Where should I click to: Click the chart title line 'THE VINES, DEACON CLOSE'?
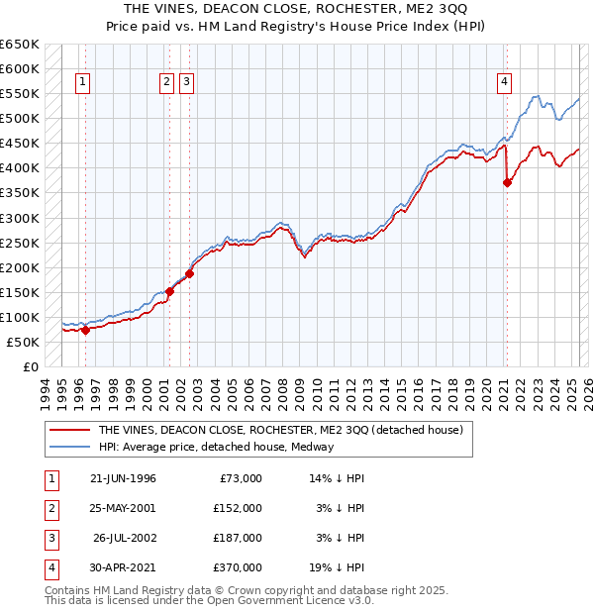pos(296,10)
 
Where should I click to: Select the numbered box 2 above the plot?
pos(166,82)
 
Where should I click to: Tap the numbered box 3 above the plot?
pos(186,82)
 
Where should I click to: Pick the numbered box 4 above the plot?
pos(505,82)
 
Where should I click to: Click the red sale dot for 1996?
pos(85,331)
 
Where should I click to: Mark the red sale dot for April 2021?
pos(507,182)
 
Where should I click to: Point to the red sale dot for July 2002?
pos(189,273)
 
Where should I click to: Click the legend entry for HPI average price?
pos(216,447)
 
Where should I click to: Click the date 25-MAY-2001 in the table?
pos(123,507)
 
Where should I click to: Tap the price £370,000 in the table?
pos(238,567)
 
